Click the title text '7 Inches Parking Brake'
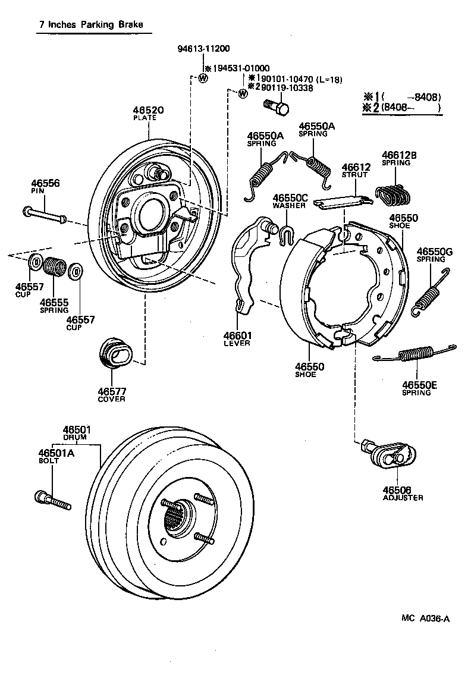click(83, 26)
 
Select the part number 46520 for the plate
click(148, 111)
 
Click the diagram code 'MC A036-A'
click(425, 618)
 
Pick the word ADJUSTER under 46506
click(403, 497)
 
